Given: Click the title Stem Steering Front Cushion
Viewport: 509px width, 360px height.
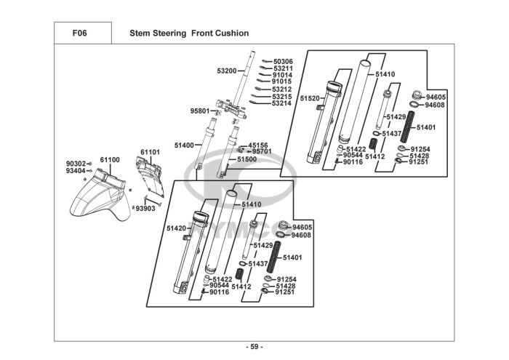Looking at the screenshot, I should (188, 33).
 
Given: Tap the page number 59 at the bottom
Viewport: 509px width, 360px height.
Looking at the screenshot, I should (254, 346).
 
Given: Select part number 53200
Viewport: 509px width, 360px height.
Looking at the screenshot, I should (226, 71).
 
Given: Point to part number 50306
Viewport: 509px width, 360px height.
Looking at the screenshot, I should (282, 62).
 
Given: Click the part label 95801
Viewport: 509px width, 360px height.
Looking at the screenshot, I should (200, 111).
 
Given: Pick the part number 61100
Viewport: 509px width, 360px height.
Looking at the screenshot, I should (109, 159).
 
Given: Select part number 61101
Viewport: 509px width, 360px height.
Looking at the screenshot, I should (150, 152).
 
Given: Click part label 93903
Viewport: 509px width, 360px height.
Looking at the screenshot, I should (145, 208).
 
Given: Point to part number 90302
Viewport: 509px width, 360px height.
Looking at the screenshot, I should (76, 164).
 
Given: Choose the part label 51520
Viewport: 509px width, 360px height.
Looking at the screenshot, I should (310, 98).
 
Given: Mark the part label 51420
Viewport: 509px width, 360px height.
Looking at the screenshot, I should (177, 228).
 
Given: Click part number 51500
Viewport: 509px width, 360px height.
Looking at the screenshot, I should (247, 159).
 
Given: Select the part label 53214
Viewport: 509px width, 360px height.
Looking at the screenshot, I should (281, 103).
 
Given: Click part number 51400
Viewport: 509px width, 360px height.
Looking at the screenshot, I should (183, 145).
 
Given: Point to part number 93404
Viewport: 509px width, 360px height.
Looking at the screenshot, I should (76, 171).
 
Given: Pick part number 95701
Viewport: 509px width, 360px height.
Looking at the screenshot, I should (261, 151).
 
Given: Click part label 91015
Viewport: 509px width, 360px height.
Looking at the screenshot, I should (282, 81).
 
